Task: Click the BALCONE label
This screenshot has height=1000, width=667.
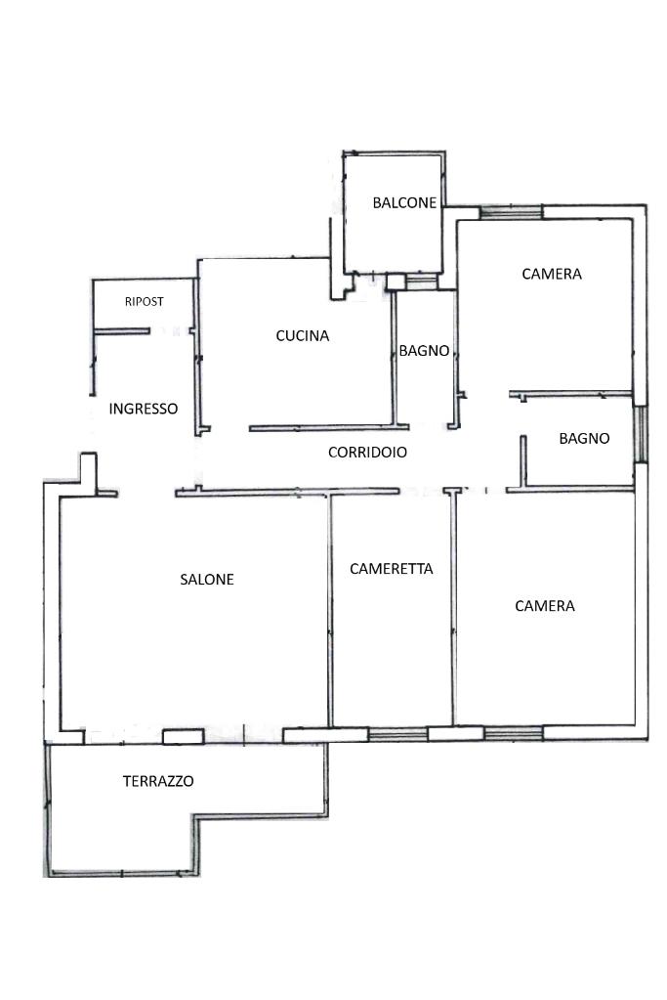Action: [x=404, y=203]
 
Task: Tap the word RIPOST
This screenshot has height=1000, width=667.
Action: [x=144, y=302]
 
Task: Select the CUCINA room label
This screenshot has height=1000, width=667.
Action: [x=303, y=336]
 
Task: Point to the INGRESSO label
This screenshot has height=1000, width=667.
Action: [x=144, y=409]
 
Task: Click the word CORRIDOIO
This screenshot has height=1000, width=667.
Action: [x=367, y=453]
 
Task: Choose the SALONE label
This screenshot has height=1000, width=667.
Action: [x=207, y=580]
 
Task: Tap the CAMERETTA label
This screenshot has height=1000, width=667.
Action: [x=391, y=568]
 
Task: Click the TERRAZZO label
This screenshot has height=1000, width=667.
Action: [x=158, y=781]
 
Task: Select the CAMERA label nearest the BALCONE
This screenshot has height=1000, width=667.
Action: [x=552, y=274]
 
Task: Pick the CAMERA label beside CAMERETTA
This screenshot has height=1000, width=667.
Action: [x=545, y=606]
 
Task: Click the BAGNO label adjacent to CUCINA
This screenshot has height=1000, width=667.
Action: [x=424, y=351]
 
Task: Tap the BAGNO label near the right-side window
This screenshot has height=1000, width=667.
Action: [x=584, y=439]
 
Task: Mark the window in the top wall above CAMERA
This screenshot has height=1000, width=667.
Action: [x=510, y=211]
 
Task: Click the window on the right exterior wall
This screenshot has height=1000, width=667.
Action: [x=641, y=434]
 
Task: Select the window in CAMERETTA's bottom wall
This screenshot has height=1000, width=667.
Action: [x=397, y=733]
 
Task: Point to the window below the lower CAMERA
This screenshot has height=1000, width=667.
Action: [x=514, y=732]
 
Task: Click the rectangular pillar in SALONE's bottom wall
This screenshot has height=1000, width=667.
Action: [x=183, y=736]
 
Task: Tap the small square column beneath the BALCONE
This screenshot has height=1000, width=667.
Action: [x=395, y=283]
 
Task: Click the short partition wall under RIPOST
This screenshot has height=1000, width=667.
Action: [x=122, y=331]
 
